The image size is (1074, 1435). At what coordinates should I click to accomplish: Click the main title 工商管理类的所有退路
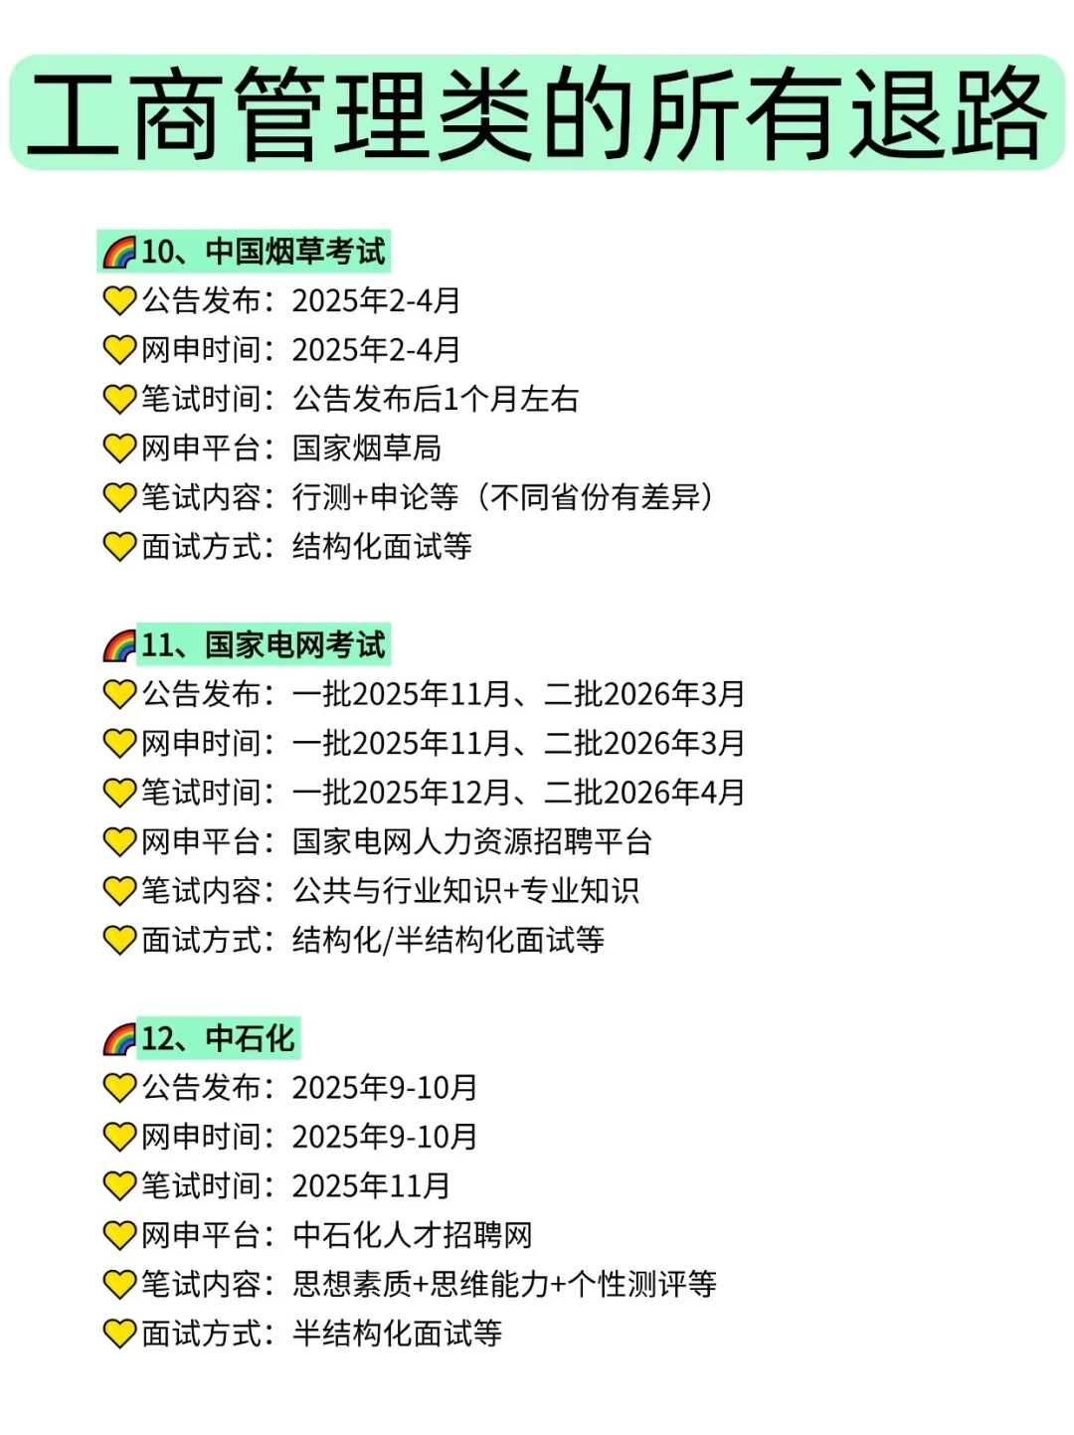point(537,112)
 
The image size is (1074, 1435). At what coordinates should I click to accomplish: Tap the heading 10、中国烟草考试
point(263,252)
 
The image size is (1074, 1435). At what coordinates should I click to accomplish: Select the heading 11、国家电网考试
point(263,645)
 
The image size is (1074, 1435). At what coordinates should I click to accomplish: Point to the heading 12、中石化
point(218,1039)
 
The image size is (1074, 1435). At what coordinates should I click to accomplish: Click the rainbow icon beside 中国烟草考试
point(119,253)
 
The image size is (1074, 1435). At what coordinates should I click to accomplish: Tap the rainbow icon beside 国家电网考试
point(119,646)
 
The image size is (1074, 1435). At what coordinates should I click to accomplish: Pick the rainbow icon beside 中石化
point(119,1040)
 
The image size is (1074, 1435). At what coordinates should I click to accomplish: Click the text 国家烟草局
point(367,448)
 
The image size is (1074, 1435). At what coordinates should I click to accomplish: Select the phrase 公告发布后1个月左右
point(436,399)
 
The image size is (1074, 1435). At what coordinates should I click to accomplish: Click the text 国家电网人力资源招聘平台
point(472,842)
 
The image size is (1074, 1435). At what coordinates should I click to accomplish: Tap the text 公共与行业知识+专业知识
point(465,891)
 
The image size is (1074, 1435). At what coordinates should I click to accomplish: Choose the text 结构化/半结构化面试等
point(448,941)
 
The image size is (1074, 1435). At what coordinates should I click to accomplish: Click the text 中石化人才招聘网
point(413,1235)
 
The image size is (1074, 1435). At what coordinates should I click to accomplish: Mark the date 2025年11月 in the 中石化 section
point(371,1186)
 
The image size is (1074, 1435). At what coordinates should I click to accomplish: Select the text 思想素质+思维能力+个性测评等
point(504,1285)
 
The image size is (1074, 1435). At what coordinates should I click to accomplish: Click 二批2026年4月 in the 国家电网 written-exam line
point(644,793)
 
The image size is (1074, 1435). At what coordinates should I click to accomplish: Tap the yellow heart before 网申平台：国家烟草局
point(119,448)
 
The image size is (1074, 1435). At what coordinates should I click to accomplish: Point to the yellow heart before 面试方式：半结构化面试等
point(119,1334)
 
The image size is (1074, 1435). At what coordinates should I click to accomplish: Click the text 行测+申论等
point(376,497)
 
